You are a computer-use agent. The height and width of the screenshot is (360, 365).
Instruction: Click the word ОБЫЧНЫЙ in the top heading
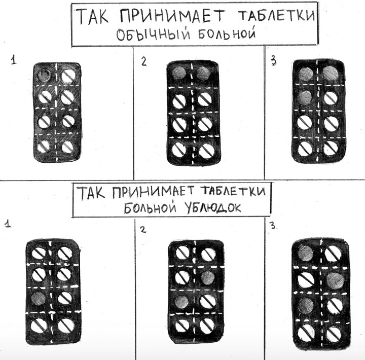point(153,34)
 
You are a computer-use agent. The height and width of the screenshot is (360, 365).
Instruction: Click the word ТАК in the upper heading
point(92,16)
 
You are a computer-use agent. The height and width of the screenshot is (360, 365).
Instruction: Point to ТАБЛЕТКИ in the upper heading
point(276,16)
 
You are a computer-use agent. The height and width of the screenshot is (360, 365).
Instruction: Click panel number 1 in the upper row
point(14,60)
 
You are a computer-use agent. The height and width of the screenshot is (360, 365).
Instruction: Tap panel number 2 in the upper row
point(144,62)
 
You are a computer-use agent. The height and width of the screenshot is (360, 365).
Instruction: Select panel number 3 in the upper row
point(274,61)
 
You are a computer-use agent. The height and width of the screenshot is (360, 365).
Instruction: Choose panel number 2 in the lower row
point(143,230)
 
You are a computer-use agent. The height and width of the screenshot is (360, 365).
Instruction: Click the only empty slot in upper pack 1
point(44,75)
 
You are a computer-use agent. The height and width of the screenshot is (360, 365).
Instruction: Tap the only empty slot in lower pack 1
point(38,299)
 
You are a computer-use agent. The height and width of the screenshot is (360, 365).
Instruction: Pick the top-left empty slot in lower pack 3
point(305,253)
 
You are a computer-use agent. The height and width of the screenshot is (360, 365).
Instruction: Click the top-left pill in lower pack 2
point(182,253)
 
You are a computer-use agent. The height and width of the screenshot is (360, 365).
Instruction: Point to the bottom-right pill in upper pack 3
point(331,148)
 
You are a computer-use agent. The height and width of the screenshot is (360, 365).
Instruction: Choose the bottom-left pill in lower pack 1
point(38,325)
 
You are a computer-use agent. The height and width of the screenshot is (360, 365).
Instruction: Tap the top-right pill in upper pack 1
point(68,76)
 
